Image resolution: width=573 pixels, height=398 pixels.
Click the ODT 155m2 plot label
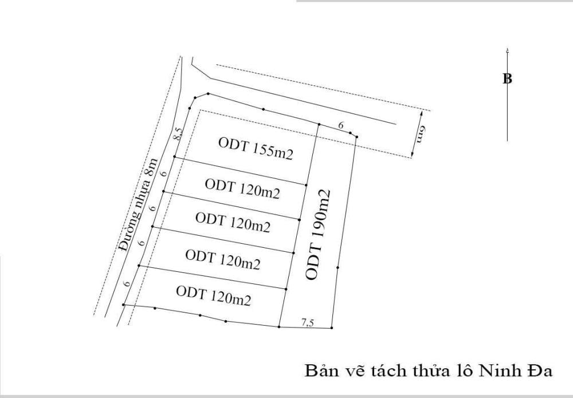[x=256, y=149]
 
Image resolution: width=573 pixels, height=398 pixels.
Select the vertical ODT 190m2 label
[x=317, y=235]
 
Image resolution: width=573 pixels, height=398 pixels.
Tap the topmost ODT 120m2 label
[x=242, y=189]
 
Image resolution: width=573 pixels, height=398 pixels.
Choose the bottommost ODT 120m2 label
[x=213, y=295]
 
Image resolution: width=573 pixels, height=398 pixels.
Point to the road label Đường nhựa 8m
[x=139, y=205]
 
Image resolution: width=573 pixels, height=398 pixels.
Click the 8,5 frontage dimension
[x=178, y=134]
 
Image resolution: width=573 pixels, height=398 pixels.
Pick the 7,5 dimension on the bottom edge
[x=307, y=323]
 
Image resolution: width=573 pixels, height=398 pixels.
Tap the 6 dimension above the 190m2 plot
[x=341, y=126]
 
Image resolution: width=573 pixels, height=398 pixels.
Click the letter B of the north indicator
[x=507, y=79]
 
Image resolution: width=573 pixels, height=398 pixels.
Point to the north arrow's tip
[x=507, y=48]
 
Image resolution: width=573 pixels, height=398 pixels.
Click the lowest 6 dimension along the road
[x=127, y=283]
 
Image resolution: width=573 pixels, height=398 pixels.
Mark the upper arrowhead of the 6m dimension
[x=422, y=112]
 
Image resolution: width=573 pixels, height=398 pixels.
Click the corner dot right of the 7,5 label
[x=331, y=328]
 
